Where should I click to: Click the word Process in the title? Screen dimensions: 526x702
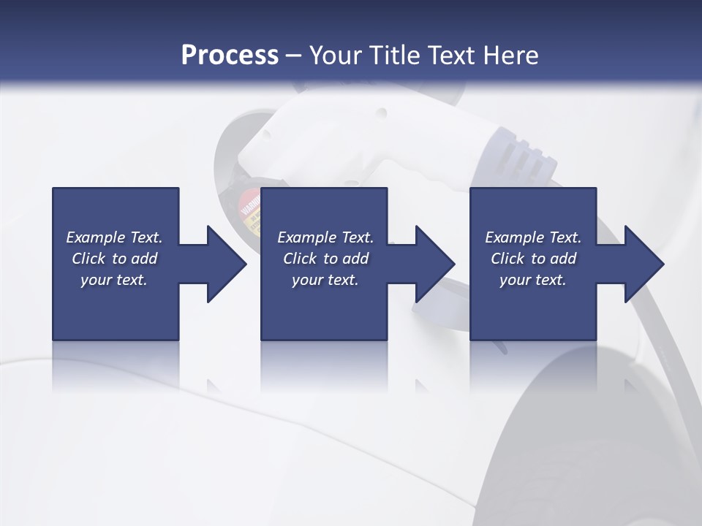tap(230, 55)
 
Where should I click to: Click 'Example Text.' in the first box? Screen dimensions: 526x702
tap(114, 237)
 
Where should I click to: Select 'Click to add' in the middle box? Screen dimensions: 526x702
tap(325, 259)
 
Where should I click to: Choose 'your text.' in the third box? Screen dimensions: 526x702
tap(532, 280)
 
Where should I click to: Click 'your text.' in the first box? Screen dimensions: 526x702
tap(114, 280)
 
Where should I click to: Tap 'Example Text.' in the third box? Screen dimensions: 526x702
tap(532, 237)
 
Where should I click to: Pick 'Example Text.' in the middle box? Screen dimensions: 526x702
tap(325, 237)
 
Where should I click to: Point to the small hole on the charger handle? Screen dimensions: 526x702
tap(380, 113)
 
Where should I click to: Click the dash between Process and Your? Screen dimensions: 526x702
tap(293, 56)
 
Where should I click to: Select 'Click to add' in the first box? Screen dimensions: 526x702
tap(114, 259)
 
